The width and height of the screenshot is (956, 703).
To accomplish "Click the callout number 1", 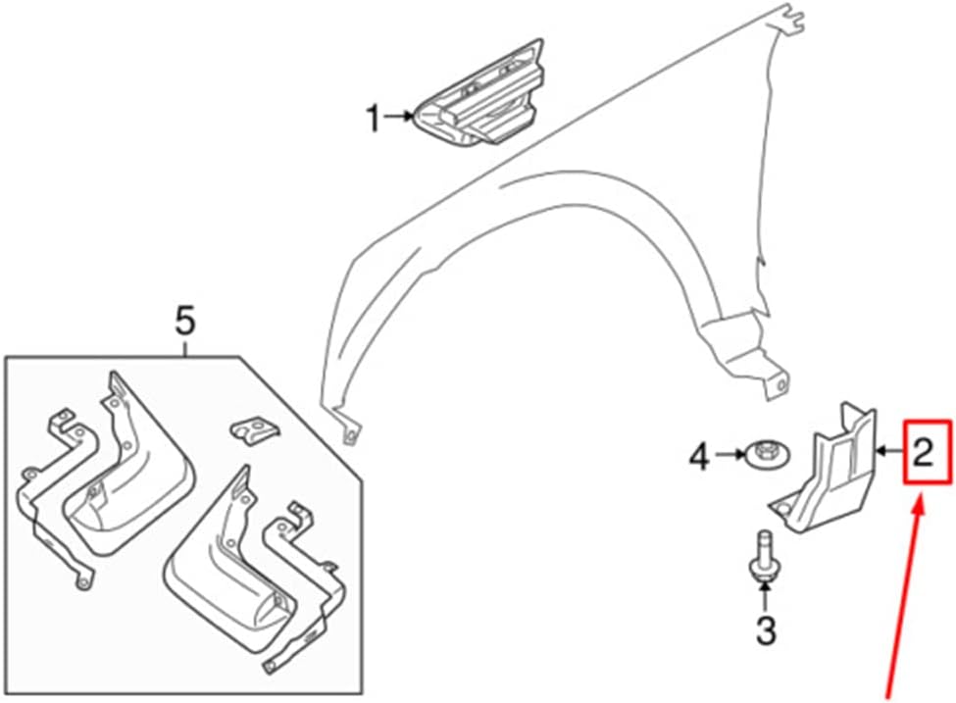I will [372, 120].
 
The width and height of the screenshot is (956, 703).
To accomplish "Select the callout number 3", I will [765, 629].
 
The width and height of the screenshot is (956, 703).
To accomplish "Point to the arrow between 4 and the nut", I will [727, 454].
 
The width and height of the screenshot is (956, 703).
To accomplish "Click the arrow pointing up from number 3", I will [765, 593].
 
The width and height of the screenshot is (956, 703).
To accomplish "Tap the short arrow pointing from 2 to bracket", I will [888, 452].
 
